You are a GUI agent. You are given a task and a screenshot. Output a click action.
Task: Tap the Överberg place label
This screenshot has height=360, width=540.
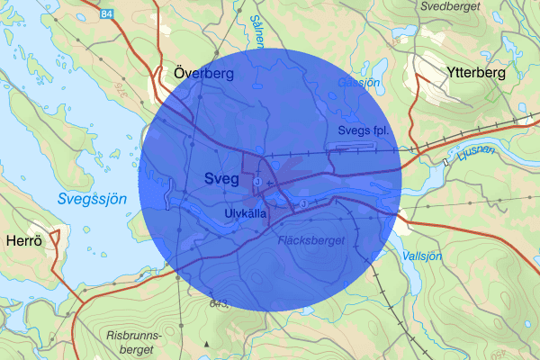click(202, 74)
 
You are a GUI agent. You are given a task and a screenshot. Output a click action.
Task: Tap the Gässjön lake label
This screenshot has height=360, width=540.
click(358, 82)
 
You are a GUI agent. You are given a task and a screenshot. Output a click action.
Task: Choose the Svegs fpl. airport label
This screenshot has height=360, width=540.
click(362, 130)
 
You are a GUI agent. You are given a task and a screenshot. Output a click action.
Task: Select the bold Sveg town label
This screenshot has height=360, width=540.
click(221, 178)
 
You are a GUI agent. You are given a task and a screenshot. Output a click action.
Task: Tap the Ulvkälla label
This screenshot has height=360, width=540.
click(247, 212)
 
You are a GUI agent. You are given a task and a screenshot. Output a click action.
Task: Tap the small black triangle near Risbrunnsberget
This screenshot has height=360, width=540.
click(206, 344)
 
